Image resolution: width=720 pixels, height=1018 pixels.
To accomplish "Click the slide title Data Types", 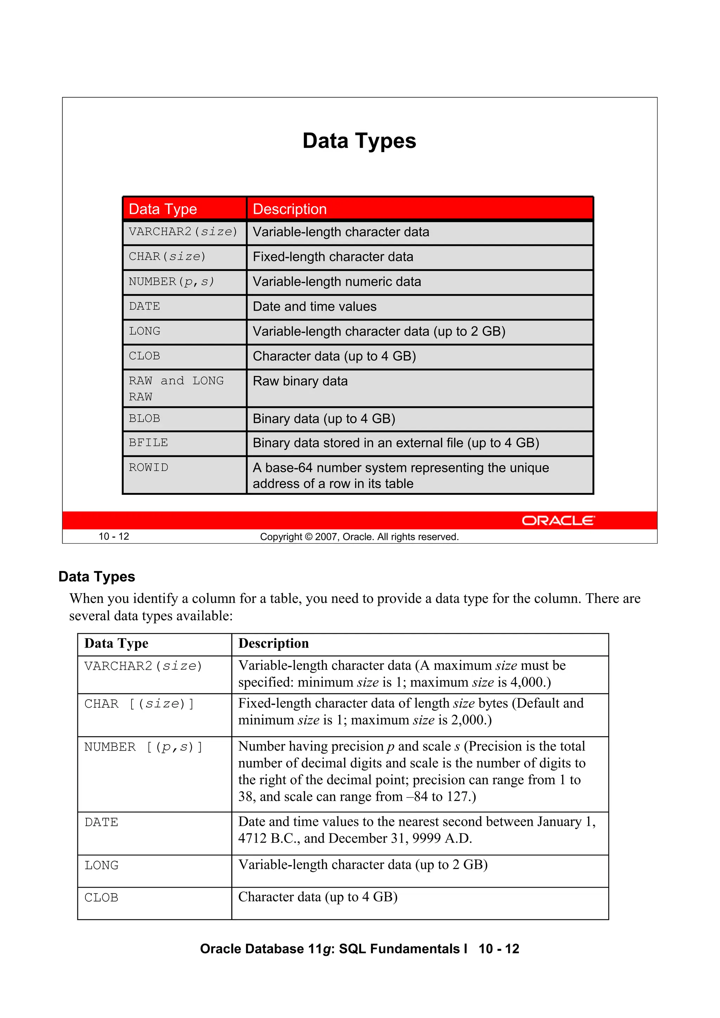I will point(359,141).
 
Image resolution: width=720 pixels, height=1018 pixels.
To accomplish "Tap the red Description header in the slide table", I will point(290,209).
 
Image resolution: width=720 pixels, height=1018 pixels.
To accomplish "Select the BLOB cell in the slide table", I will point(144,419).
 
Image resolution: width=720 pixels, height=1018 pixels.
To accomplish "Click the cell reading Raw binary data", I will point(300,381).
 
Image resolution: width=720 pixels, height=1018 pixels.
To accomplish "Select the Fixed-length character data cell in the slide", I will point(333,257).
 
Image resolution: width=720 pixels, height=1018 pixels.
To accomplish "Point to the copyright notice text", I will point(359,537).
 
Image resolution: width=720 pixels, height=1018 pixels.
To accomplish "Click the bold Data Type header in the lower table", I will point(116,643).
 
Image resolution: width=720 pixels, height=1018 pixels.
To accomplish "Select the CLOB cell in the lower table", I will point(101,898).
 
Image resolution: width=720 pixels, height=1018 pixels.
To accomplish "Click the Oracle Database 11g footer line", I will point(359,949).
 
